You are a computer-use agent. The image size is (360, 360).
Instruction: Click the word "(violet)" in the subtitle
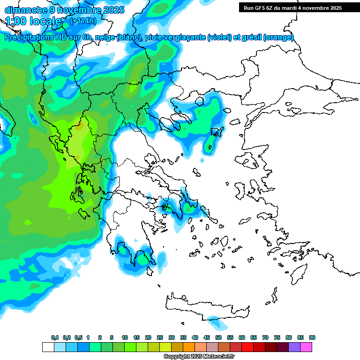(219, 37)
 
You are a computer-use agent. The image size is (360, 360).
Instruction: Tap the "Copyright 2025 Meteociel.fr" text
(199, 357)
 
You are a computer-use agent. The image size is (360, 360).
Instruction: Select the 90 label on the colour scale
(312, 337)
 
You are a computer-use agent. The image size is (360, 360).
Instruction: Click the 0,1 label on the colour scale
(54, 337)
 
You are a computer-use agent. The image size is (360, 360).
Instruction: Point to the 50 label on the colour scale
(218, 337)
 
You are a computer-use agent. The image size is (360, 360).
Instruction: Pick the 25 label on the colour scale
(160, 337)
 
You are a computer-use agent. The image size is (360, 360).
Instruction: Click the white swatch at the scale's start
(48, 347)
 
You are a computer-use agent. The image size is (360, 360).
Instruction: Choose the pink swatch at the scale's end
(306, 347)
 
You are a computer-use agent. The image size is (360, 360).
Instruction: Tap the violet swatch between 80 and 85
(294, 347)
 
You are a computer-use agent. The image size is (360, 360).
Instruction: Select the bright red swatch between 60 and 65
(247, 347)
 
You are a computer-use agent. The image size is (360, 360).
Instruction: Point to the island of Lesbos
(248, 162)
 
